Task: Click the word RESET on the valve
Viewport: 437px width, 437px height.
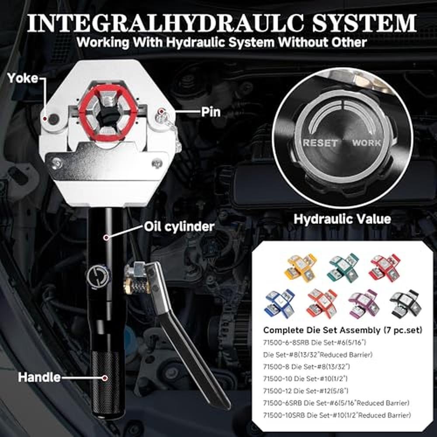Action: point(320,143)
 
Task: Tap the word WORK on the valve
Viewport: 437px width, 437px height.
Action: point(367,143)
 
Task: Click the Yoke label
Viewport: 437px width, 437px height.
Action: point(23,78)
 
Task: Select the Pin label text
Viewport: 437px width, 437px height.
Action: point(211,112)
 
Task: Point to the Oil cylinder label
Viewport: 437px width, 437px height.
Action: point(179,226)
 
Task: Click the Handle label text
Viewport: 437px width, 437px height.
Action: point(39,378)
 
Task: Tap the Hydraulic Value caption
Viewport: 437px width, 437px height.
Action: point(342,219)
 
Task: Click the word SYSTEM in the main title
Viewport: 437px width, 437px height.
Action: point(364,23)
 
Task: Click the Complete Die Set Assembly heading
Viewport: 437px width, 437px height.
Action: point(343,330)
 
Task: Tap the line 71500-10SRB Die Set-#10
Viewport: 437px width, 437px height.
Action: point(337,415)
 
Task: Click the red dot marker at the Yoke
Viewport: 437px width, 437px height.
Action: point(44,119)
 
